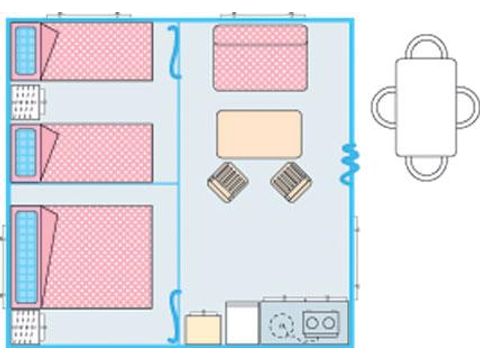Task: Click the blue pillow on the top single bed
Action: tap(25, 51)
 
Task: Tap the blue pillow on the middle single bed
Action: tap(25, 153)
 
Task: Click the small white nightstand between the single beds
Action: tap(28, 102)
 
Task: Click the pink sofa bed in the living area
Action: tap(260, 58)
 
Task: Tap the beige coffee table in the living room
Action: tap(259, 134)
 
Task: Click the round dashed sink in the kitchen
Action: tap(281, 323)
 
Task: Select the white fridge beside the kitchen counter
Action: tap(241, 324)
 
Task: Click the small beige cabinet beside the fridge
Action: tap(203, 329)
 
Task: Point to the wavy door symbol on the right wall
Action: tap(350, 161)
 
